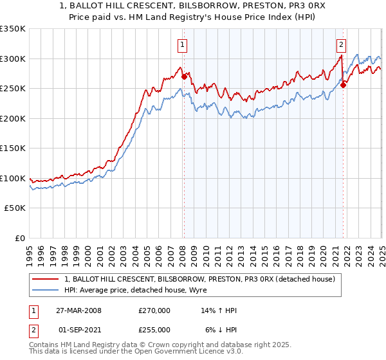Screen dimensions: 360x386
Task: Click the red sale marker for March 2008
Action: [184, 76]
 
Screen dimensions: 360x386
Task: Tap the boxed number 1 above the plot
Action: [183, 44]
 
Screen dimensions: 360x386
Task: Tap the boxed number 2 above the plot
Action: [340, 44]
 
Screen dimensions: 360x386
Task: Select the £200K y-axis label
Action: [13, 118]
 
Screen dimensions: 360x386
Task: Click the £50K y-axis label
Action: [15, 208]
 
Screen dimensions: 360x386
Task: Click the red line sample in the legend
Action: [46, 280]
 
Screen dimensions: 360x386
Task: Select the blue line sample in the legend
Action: [46, 290]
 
